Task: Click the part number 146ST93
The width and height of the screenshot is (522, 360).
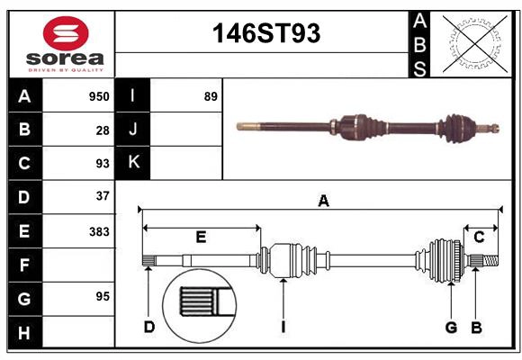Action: coord(265,33)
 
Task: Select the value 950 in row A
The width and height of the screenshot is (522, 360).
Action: coord(99,96)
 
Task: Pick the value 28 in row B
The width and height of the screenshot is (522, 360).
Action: coord(103,130)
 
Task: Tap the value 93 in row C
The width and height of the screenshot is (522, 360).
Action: coord(103,164)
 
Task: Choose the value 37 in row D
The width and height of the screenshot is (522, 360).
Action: coord(103,196)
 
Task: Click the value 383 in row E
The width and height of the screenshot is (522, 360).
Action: coord(99,231)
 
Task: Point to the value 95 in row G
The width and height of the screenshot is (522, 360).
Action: coord(103,296)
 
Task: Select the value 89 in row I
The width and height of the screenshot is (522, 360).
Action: coord(211,96)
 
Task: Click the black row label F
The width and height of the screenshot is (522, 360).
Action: coord(24,265)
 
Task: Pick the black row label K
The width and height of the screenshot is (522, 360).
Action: coord(133,163)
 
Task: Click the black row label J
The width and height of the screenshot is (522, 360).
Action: coord(133,130)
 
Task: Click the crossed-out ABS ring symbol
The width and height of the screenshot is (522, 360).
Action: coord(469,43)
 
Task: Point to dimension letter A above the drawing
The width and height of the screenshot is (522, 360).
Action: coord(323,202)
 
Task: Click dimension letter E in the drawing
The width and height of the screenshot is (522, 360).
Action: coord(201,238)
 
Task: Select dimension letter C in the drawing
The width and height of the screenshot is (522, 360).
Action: coord(480,238)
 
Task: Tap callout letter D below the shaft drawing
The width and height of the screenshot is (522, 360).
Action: coord(148,327)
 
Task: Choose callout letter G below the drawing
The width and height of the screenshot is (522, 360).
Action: coord(452,327)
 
